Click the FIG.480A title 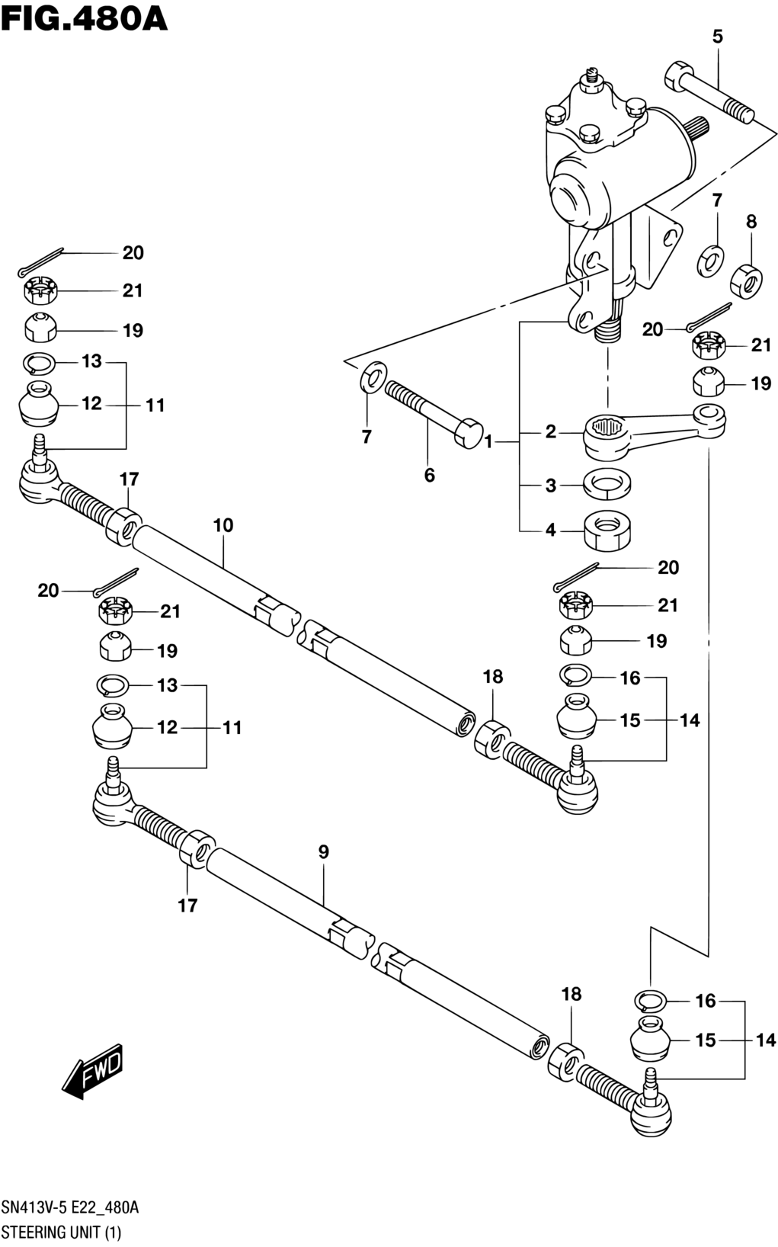pyautogui.click(x=84, y=19)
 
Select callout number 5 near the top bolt pyautogui.click(x=717, y=37)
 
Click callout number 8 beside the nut pyautogui.click(x=751, y=222)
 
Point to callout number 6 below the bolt pyautogui.click(x=429, y=476)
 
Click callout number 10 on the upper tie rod pyautogui.click(x=223, y=525)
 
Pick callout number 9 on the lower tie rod pyautogui.click(x=324, y=851)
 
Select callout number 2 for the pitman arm pyautogui.click(x=550, y=431)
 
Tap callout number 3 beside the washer pyautogui.click(x=550, y=486)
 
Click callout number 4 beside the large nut pyautogui.click(x=550, y=530)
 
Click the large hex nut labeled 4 pyautogui.click(x=607, y=530)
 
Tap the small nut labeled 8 pyautogui.click(x=746, y=280)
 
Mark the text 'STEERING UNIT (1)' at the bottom pyautogui.click(x=61, y=1232)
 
